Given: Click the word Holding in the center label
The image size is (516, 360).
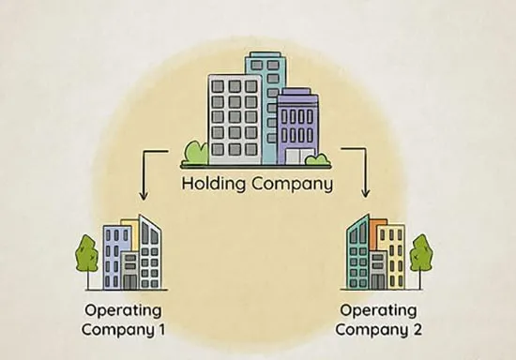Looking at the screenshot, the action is [214, 183].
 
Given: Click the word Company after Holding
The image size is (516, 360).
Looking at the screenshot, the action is [292, 184].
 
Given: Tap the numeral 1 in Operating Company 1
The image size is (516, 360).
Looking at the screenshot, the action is [161, 329].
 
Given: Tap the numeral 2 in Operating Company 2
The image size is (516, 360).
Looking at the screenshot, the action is [417, 329].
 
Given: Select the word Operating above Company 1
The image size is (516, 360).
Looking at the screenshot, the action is [123, 311].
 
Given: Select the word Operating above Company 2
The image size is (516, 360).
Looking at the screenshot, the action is [378, 311].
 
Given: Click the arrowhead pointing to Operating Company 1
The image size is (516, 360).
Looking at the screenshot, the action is [144, 195].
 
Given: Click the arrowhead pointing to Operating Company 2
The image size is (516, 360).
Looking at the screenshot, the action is [365, 194].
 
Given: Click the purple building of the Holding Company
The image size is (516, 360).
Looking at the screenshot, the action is [297, 127].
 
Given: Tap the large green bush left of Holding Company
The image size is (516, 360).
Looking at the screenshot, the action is [196, 153].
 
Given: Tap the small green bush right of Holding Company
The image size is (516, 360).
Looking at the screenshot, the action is [316, 158].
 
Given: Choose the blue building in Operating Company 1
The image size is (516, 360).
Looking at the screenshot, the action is [113, 257].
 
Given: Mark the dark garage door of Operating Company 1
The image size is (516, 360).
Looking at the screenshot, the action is [130, 282].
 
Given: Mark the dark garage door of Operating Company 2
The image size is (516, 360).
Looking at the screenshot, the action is [377, 282].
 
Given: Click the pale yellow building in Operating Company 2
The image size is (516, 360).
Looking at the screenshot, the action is [395, 257].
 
